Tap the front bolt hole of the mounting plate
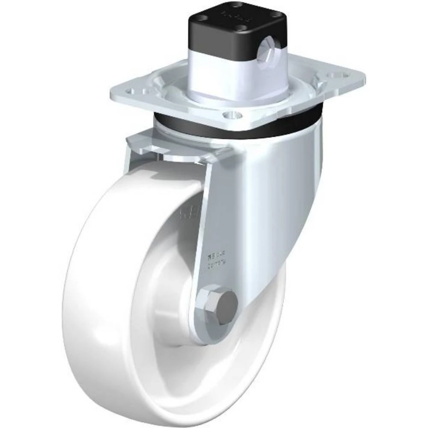click(232, 115)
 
